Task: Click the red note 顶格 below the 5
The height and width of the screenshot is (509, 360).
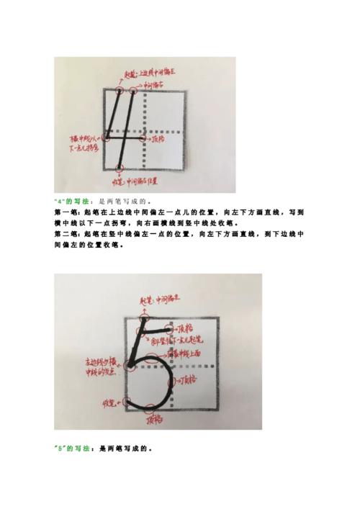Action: (153, 420)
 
